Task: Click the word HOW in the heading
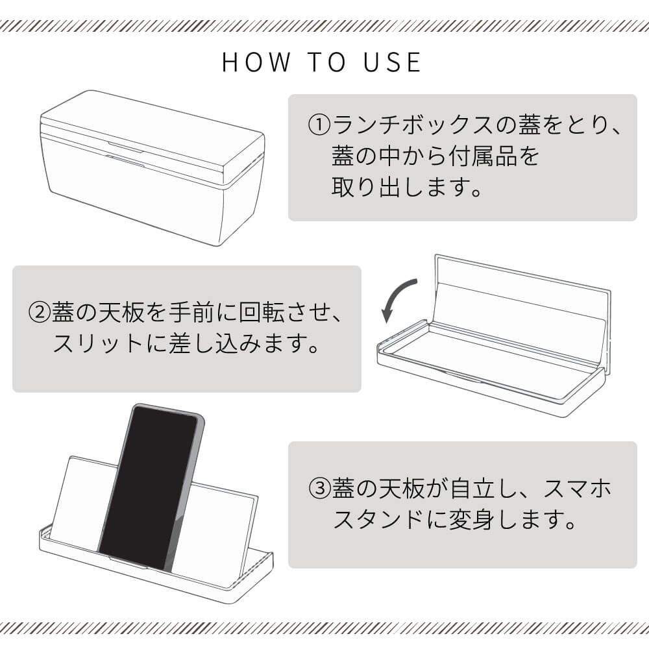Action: click(x=256, y=62)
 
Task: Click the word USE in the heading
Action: click(x=393, y=62)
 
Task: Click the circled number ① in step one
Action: click(x=319, y=125)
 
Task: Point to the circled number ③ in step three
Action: click(x=320, y=489)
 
